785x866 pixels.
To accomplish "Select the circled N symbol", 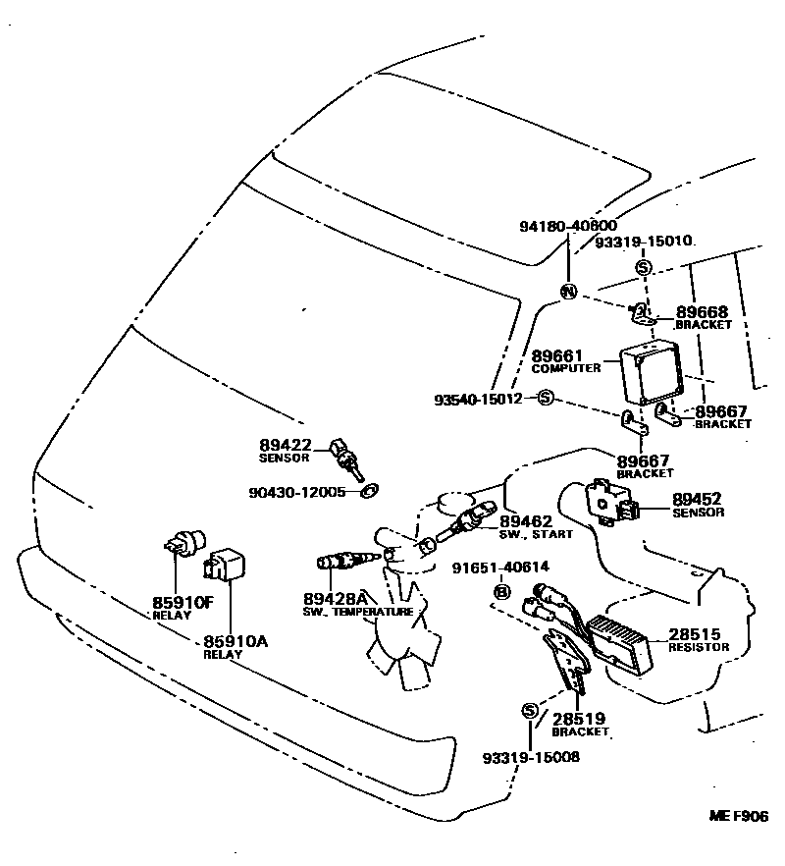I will (567, 292).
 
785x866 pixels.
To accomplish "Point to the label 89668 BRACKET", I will (703, 316).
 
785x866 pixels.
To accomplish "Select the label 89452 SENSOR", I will (698, 505).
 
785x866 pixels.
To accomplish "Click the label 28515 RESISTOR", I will (700, 639).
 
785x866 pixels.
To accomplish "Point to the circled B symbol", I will (501, 591).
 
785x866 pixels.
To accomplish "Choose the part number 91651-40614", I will (500, 567).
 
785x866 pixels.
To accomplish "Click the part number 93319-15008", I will (531, 757).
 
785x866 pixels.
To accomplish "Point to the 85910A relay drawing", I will (224, 564).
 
